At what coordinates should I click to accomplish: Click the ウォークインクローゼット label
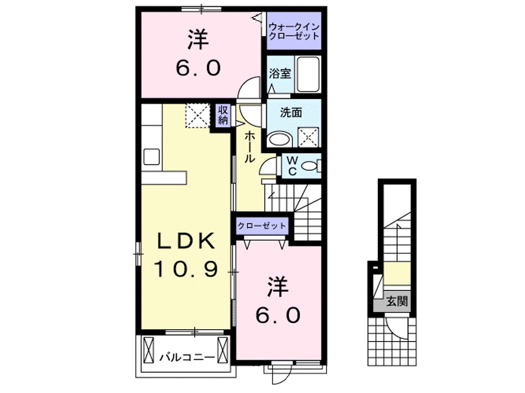(x=293, y=31)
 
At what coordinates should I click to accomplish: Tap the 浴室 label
(x=279, y=74)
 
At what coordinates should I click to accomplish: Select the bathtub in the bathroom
(x=309, y=74)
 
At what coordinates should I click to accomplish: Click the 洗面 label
(x=291, y=113)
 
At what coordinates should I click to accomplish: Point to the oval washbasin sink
(x=281, y=139)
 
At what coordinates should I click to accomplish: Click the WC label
(x=291, y=166)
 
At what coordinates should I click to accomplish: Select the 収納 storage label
(x=223, y=115)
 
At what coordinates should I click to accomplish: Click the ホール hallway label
(x=248, y=147)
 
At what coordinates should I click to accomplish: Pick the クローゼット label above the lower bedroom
(x=261, y=225)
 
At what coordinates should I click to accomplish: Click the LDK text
(x=185, y=241)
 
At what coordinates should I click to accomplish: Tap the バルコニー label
(x=186, y=358)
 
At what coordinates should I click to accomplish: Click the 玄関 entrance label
(x=398, y=301)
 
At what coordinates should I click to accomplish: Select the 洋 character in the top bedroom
(x=198, y=39)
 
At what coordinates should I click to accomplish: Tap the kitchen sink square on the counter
(x=151, y=157)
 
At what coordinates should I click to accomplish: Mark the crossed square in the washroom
(x=309, y=137)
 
